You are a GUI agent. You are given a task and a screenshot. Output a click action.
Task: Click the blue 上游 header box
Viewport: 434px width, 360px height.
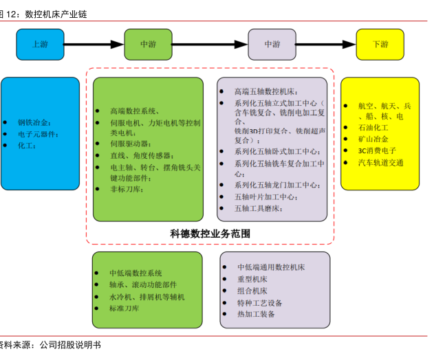pyautogui.click(x=40, y=44)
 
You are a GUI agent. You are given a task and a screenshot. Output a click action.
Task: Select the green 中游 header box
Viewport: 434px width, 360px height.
pyautogui.click(x=148, y=44)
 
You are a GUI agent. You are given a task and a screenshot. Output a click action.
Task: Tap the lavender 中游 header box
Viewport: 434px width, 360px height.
pyautogui.click(x=272, y=44)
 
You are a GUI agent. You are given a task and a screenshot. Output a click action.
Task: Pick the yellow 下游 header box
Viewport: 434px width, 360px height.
pyautogui.click(x=380, y=44)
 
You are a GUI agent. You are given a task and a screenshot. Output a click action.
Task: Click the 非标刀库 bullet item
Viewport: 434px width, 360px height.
pyautogui.click(x=127, y=189)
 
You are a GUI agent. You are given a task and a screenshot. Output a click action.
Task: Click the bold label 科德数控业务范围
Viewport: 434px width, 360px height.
pyautogui.click(x=210, y=234)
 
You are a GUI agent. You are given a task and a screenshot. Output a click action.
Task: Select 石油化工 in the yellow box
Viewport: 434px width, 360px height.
pyautogui.click(x=373, y=128)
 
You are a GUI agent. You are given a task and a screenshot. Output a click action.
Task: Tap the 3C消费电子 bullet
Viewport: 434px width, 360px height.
pyautogui.click(x=377, y=150)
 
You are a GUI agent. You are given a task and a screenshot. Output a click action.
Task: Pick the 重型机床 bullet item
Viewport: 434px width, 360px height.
pyautogui.click(x=252, y=279)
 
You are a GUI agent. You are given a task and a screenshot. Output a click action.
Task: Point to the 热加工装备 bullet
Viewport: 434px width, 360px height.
pyautogui.click(x=256, y=314)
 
